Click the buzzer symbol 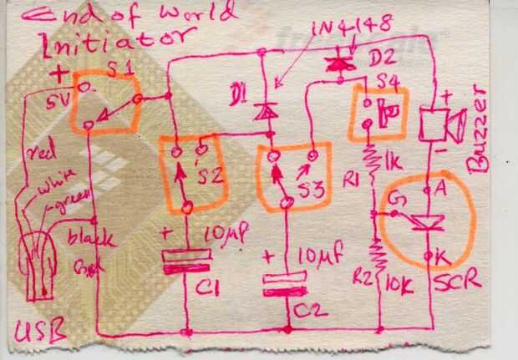click(439, 125)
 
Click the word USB click(39, 334)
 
